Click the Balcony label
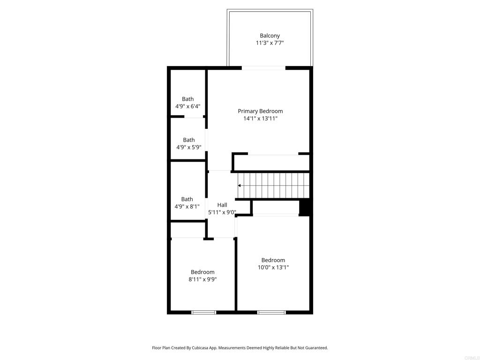[x=270, y=36]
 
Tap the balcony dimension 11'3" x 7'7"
[x=270, y=43]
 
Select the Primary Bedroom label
[x=260, y=111]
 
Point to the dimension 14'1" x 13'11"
[x=260, y=119]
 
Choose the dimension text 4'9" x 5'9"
[x=188, y=147]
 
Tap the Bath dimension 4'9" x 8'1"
[x=187, y=207]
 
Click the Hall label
[x=222, y=205]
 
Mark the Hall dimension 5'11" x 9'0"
[x=222, y=212]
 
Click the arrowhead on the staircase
[x=240, y=186]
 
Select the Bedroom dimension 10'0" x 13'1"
[x=273, y=267]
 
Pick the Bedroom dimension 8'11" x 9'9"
[x=202, y=279]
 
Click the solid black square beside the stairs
[x=305, y=208]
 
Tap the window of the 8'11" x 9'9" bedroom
[x=203, y=312]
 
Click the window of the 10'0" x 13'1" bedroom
[x=271, y=312]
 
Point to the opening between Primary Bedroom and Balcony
[x=263, y=68]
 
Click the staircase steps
[x=273, y=186]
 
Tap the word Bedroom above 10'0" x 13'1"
[x=273, y=260]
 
